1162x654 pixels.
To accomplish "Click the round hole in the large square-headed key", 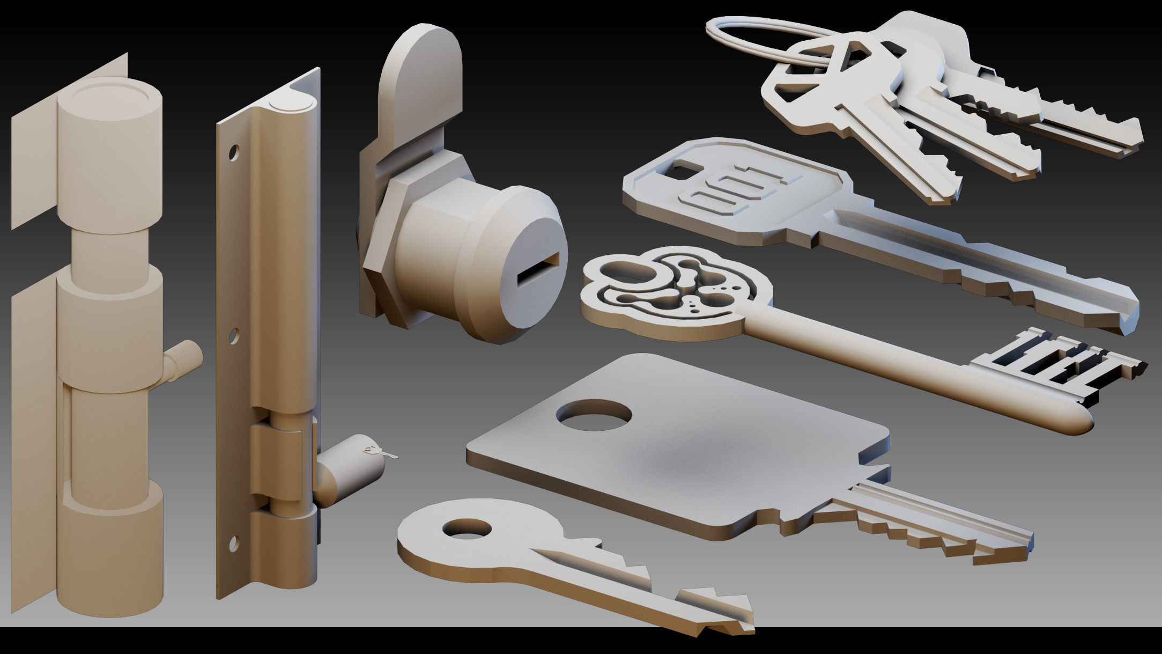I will (x=594, y=415).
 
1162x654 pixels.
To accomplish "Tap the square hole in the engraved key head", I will (x=680, y=171).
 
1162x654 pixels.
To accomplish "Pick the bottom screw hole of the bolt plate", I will (x=234, y=542).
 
